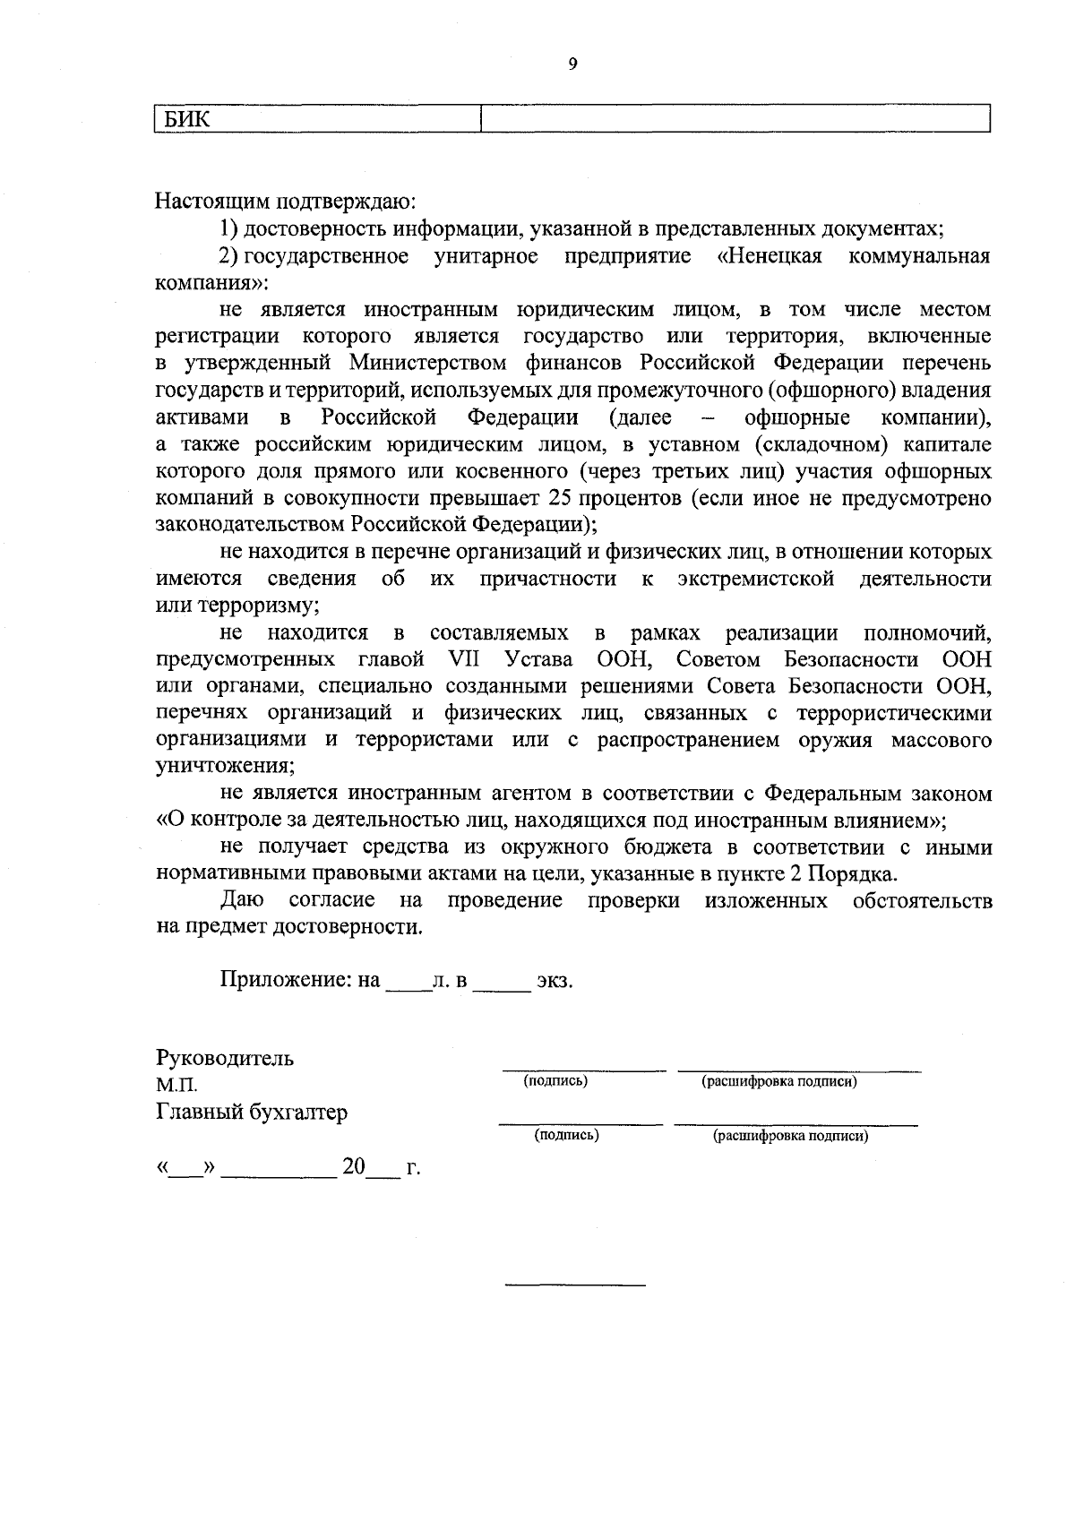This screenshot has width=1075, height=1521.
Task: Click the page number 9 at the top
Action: [x=572, y=64]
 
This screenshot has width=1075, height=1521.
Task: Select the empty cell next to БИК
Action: [x=735, y=119]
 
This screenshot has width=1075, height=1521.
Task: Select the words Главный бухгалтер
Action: [x=252, y=1113]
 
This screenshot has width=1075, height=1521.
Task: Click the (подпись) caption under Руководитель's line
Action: [x=555, y=1081]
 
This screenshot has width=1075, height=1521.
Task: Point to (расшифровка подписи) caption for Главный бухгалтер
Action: [x=790, y=1136]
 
